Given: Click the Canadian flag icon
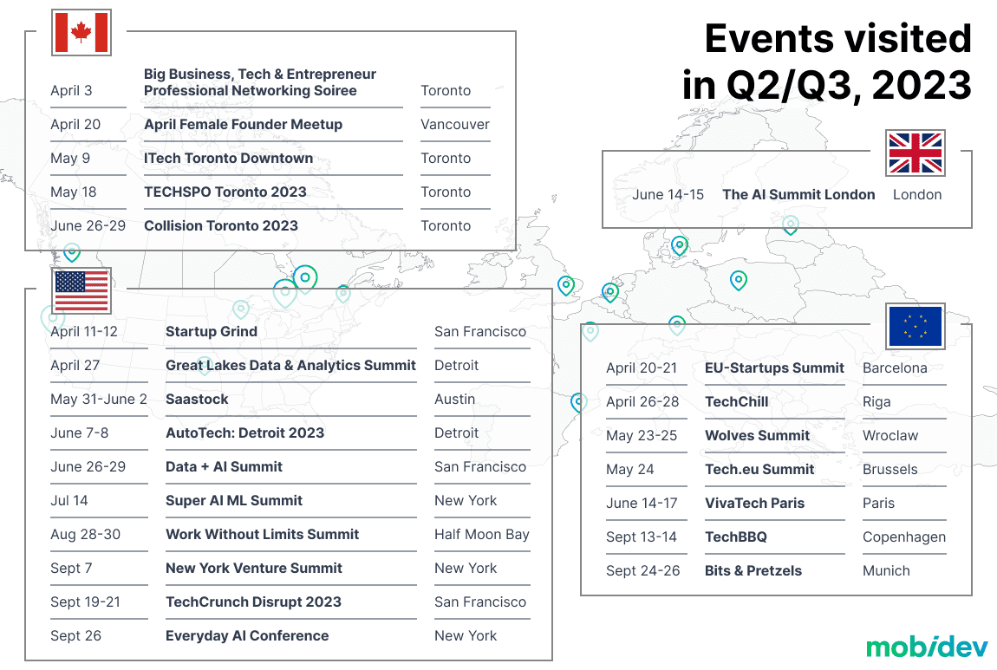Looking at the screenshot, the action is pyautogui.click(x=81, y=32).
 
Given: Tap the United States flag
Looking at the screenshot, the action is pyautogui.click(x=81, y=290).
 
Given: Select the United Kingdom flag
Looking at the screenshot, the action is pyautogui.click(x=915, y=153).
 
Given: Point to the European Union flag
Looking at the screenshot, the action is pyautogui.click(x=915, y=326).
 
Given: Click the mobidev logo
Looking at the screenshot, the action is pyautogui.click(x=927, y=647).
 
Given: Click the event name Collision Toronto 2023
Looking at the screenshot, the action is pyautogui.click(x=221, y=225).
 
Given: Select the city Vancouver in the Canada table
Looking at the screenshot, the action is pyautogui.click(x=455, y=125).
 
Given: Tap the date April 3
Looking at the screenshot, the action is pyautogui.click(x=71, y=90).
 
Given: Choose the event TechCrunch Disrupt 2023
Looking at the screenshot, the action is pyautogui.click(x=254, y=602).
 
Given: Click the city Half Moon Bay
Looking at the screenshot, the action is pyautogui.click(x=482, y=535).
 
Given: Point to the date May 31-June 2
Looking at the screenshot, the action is pyautogui.click(x=99, y=400).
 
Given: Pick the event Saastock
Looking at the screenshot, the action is pyautogui.click(x=197, y=400).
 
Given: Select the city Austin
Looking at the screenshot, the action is pyautogui.click(x=454, y=400).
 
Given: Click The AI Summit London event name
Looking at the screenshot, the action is pyautogui.click(x=798, y=194).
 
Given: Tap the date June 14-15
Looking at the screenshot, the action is pyautogui.click(x=668, y=194).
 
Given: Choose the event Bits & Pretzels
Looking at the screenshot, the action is pyautogui.click(x=753, y=571).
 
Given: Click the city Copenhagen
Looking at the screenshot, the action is pyautogui.click(x=904, y=537).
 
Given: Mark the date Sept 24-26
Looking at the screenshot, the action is pyautogui.click(x=642, y=571).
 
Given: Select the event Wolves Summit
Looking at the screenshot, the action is pyautogui.click(x=758, y=435).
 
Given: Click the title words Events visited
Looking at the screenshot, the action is pyautogui.click(x=838, y=39).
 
